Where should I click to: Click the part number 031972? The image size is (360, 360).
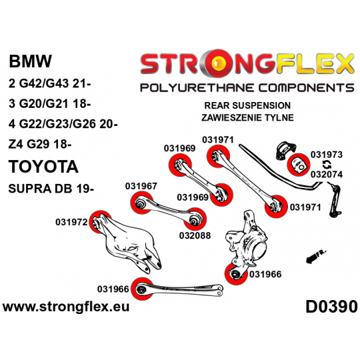point(71,222)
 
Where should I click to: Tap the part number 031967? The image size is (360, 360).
point(141,186)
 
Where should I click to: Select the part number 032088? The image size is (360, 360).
point(195,235)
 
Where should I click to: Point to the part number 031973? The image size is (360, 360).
point(327,155)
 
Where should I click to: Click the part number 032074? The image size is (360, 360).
point(327,175)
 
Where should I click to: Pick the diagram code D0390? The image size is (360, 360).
point(331,307)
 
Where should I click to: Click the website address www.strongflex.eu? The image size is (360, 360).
point(66,307)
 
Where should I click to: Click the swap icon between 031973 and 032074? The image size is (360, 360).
point(327,165)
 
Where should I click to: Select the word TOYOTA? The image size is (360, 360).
point(43,167)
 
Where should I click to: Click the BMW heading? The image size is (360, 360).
point(30,61)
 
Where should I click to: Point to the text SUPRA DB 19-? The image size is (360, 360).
point(51,189)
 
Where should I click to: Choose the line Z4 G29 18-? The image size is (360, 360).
point(40,145)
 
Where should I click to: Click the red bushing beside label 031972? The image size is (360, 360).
point(99,222)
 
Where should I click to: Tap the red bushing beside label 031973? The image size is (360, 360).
point(299,165)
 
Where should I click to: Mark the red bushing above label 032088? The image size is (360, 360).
point(195,219)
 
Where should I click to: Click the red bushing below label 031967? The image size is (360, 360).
point(142,203)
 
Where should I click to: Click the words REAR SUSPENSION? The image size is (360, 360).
point(247,105)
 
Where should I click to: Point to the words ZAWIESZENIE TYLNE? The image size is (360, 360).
point(247,117)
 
